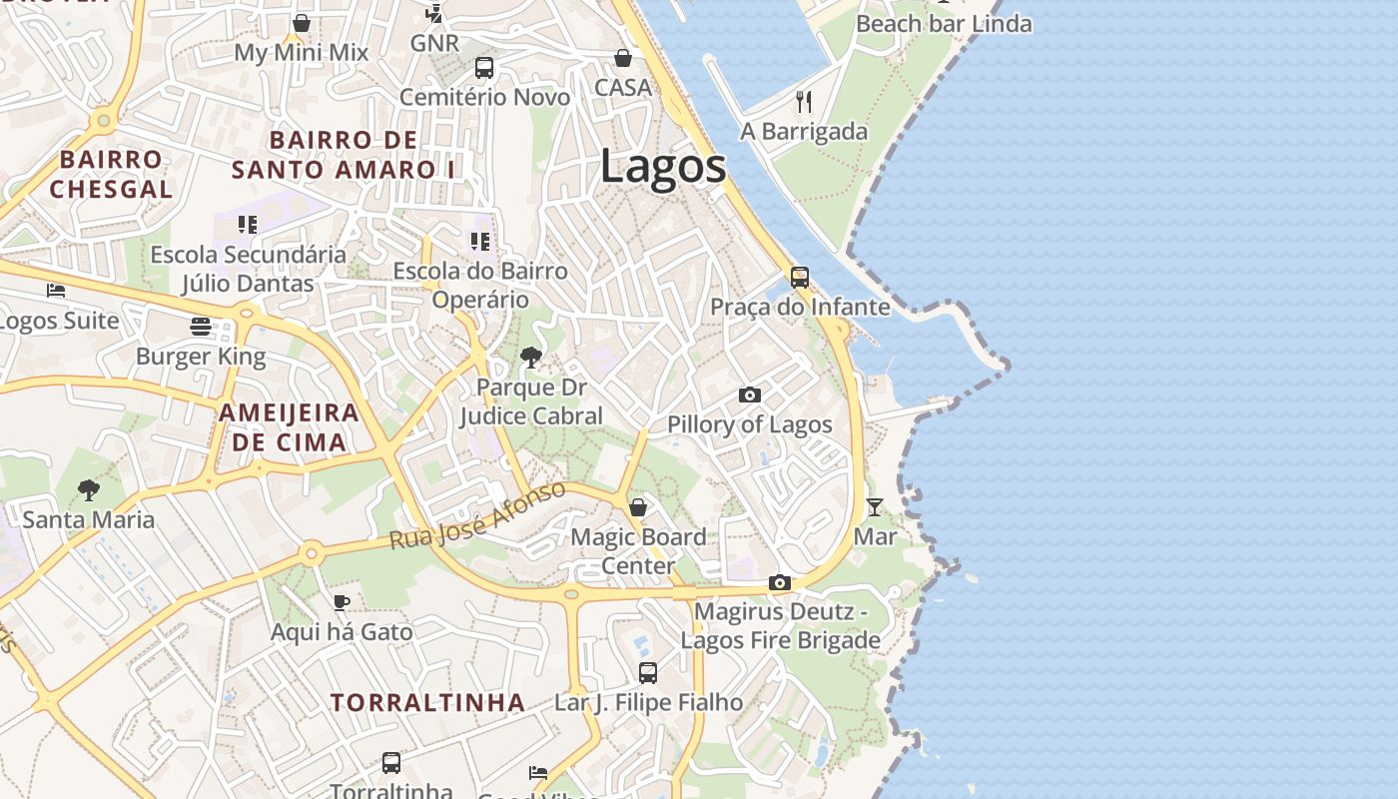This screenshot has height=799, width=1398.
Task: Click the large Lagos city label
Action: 663,167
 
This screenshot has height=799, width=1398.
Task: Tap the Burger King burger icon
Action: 201,327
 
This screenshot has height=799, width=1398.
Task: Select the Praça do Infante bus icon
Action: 800,277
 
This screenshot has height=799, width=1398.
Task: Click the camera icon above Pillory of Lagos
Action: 750,395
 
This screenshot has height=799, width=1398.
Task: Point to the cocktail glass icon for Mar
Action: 875,507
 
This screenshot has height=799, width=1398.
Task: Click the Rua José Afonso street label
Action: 477,515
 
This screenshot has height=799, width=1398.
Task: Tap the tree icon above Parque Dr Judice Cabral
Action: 531,357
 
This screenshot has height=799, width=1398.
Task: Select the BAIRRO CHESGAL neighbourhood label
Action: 111,174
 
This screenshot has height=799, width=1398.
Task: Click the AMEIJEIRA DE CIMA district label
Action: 289,427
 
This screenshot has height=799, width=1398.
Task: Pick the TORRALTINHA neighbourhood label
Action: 427,702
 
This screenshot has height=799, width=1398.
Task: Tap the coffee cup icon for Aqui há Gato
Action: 342,602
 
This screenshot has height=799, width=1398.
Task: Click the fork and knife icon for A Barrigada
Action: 804,101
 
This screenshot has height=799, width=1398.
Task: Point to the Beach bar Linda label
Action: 944,23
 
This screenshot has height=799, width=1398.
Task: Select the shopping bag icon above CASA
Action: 623,58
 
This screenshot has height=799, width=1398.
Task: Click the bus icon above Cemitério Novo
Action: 484,68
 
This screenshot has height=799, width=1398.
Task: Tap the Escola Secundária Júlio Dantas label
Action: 248,269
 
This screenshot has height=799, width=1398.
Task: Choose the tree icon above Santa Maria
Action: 89,489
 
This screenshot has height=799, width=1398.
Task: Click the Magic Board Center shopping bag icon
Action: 638,507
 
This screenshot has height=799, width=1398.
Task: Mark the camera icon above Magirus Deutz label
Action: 780,582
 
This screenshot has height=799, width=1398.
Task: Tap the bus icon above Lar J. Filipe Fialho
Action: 648,672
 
